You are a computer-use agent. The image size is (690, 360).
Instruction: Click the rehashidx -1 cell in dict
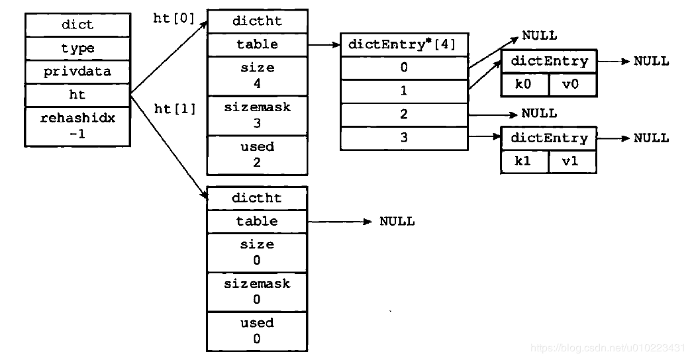[x=77, y=126]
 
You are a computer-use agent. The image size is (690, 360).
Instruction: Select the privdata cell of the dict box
[x=77, y=71]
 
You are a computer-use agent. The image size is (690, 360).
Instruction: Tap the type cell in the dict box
[x=77, y=48]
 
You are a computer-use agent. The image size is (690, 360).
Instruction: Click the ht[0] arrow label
[x=174, y=19]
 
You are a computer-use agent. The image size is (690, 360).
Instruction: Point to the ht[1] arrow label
[x=175, y=109]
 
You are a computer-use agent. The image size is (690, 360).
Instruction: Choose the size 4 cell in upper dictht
[x=257, y=76]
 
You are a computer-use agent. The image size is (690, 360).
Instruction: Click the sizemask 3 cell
[x=257, y=116]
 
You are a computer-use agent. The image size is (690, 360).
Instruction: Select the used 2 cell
[x=257, y=155]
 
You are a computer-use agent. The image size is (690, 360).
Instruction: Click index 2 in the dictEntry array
[x=404, y=114]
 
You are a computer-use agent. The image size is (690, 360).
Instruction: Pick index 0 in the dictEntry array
[x=404, y=67]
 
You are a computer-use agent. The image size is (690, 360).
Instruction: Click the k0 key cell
[x=524, y=85]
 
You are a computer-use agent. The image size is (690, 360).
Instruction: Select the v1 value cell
[x=573, y=161]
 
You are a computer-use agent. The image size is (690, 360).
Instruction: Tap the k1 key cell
[x=524, y=161]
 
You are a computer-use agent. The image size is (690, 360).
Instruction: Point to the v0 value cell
[x=573, y=85]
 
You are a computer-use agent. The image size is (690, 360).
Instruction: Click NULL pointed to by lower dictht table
[x=397, y=222]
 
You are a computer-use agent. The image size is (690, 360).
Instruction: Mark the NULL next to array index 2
[x=539, y=114]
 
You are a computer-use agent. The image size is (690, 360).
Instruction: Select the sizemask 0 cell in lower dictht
[x=257, y=292]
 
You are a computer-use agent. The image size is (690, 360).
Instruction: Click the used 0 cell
[x=257, y=331]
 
